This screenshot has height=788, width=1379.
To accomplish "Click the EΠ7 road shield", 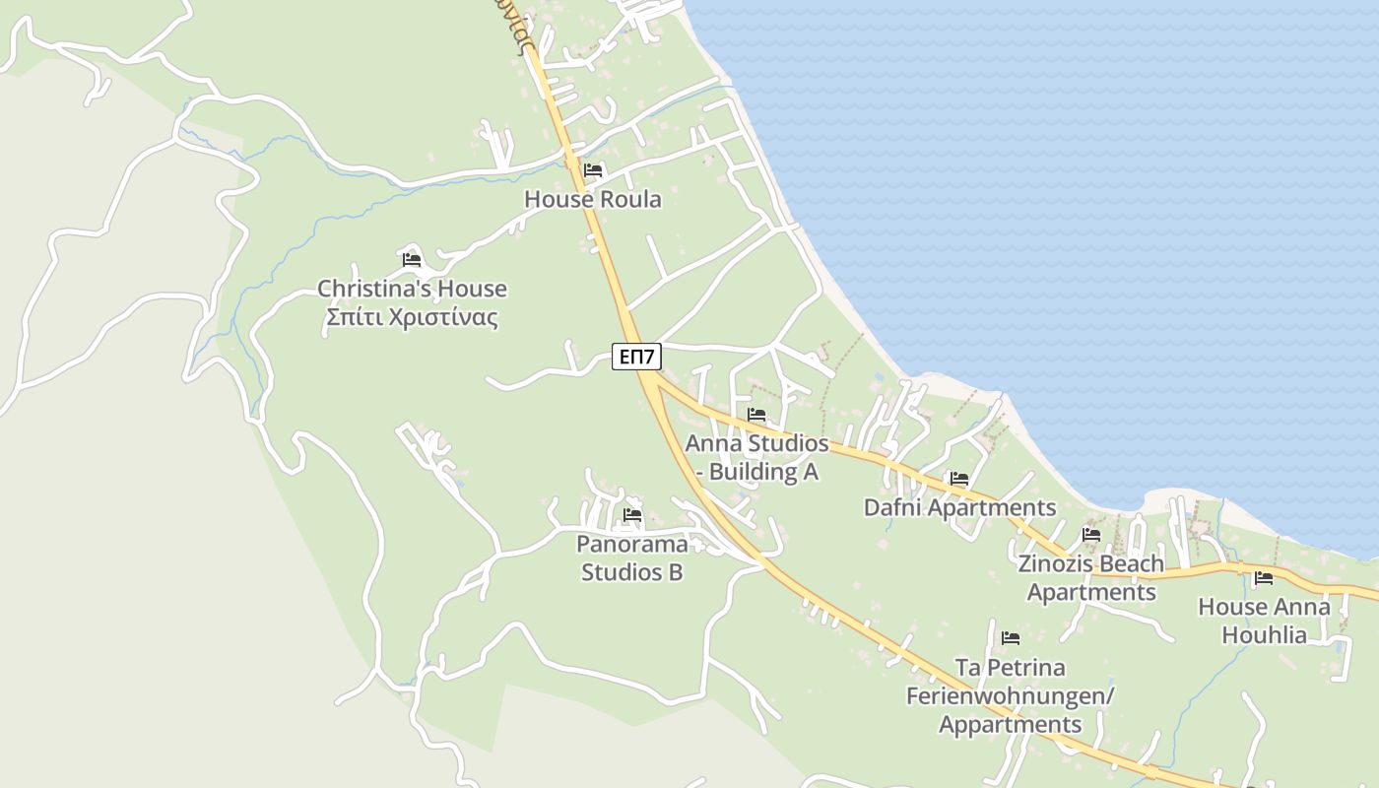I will [636, 357].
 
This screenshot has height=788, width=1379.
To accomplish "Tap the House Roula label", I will [592, 199].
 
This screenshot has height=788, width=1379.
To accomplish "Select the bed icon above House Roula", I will [592, 170].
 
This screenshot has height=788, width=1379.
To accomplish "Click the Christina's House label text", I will [412, 289].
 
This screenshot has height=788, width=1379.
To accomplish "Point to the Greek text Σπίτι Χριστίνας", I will [412, 317].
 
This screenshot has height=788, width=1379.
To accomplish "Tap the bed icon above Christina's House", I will [412, 260].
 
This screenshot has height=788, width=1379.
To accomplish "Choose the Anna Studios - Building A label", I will [756, 457].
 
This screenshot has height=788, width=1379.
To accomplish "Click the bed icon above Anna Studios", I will [756, 415].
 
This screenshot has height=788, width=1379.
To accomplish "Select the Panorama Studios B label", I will [631, 558].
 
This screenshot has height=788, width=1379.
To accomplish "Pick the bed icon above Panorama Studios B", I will [631, 515].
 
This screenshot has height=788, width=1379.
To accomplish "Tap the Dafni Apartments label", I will [959, 507].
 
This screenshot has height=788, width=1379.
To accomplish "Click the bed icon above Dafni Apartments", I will [959, 480].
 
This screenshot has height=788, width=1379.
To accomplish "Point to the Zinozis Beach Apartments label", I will [1090, 577].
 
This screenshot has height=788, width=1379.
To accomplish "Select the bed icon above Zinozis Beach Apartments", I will [1090, 535].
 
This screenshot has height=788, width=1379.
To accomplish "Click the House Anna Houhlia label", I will [1264, 621].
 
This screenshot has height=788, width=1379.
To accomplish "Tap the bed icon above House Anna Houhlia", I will [1264, 578].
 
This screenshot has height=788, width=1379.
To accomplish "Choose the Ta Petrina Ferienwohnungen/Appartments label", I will [1010, 695].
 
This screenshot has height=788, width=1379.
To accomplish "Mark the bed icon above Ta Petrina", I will [1010, 638].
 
